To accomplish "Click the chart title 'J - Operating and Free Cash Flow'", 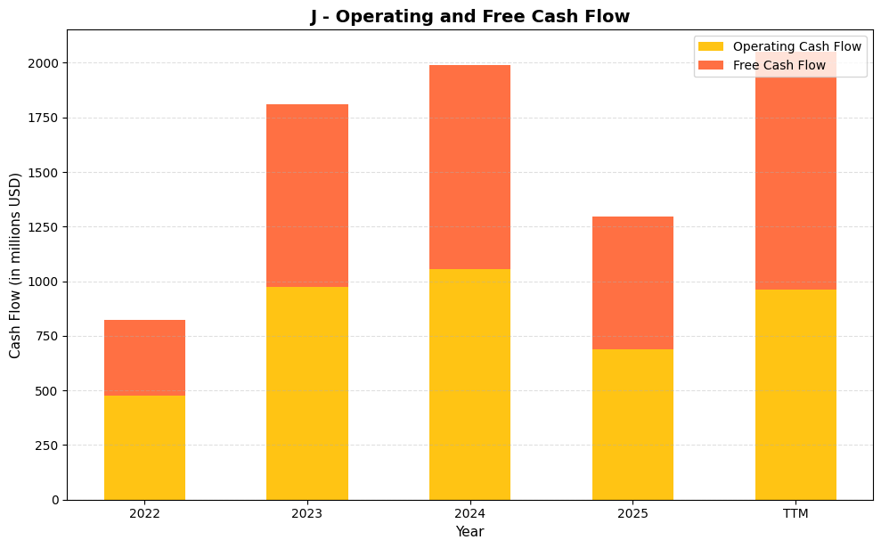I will pyautogui.click(x=469, y=16).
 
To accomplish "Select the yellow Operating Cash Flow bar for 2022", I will pyautogui.click(x=144, y=447).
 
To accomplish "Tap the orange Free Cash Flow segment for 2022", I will pyautogui.click(x=144, y=357).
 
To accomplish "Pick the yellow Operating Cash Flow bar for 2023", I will pyautogui.click(x=307, y=393).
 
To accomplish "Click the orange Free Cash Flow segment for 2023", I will pyautogui.click(x=307, y=195).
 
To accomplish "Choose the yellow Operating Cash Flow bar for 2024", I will pyautogui.click(x=469, y=384).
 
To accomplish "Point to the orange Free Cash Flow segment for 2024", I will pyautogui.click(x=469, y=167).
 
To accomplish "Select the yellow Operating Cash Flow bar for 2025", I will pyautogui.click(x=632, y=424).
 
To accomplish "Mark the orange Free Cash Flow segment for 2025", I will pyautogui.click(x=632, y=282).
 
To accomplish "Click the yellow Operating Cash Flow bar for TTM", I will pyautogui.click(x=795, y=394).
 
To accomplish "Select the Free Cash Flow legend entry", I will pyautogui.click(x=779, y=65).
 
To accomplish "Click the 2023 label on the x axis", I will pyautogui.click(x=307, y=513).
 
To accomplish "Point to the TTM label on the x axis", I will pyautogui.click(x=795, y=513).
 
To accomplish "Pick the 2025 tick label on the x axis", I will pyautogui.click(x=632, y=513).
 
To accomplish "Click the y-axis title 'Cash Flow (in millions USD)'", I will pyautogui.click(x=15, y=265).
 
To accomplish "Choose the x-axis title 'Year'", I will pyautogui.click(x=469, y=532).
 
